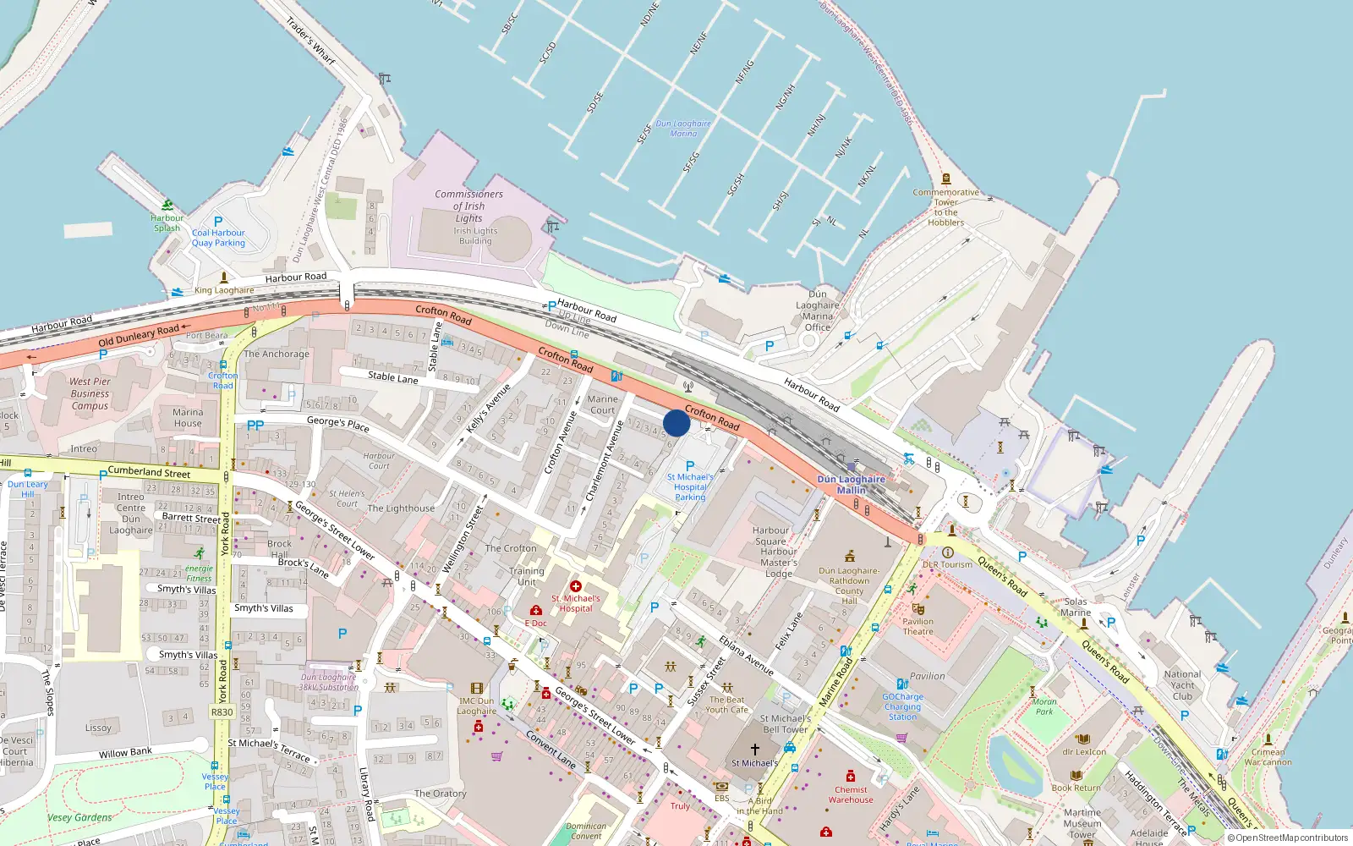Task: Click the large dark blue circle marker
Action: pos(676,423)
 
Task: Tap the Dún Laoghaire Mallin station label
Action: pos(851,485)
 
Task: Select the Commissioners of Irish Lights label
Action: pos(468,206)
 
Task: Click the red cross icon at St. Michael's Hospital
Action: pos(576,586)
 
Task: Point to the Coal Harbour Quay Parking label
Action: pos(218,238)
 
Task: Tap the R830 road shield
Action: pos(222,712)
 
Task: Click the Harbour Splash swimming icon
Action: pos(167,205)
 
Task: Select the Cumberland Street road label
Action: pos(149,472)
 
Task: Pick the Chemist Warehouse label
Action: pos(851,794)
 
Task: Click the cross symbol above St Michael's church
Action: pos(755,749)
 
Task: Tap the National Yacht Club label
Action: pos(1182,685)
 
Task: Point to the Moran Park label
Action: pos(1044,706)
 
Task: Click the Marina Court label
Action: pos(602,404)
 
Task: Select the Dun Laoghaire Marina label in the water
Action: pos(683,129)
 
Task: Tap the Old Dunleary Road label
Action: pos(139,335)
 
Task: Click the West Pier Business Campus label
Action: pos(90,393)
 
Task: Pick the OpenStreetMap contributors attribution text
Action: pos(1287,838)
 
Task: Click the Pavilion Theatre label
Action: pos(918,626)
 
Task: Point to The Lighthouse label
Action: pos(401,508)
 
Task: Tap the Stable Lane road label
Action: pos(392,377)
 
